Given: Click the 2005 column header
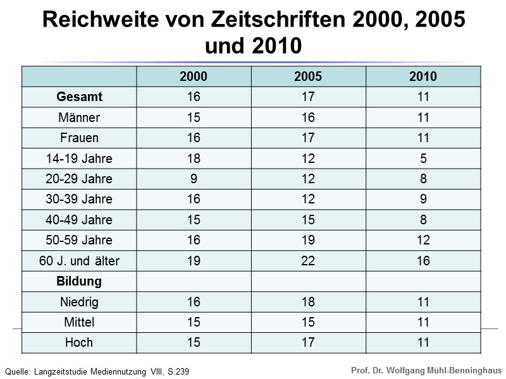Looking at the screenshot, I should pos(308,76).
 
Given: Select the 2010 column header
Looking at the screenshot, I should pos(423,76).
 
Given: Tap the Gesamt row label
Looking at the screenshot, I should pos(80,97).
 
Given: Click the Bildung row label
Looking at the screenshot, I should pos(80,281).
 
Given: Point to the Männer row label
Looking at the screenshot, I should pos(80,117).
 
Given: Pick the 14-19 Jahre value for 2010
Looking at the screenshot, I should pos(423,159).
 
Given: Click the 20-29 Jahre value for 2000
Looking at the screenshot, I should pos(194,179).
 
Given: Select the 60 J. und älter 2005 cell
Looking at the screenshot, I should pos(308,261).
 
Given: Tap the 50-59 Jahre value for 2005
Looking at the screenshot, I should pos(308,240).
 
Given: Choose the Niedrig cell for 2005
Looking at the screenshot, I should pos(308,302).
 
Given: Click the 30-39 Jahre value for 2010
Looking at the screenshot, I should pos(423,200).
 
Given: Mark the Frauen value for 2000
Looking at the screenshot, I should pos(194,138).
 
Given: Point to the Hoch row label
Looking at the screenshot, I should pos(80,342).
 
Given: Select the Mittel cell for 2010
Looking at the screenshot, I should pos(423,322).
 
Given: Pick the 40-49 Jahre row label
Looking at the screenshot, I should pos(80,220).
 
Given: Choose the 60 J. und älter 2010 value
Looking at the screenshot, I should pos(423,261).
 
